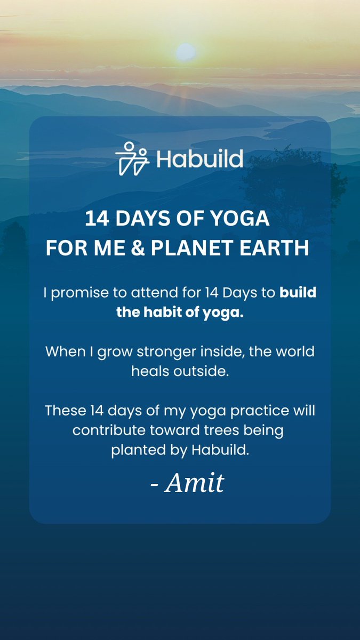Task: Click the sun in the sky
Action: [x=186, y=51]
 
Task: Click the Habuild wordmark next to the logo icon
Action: [x=199, y=159]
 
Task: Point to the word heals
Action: [x=151, y=371]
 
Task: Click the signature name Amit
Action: [x=194, y=483]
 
